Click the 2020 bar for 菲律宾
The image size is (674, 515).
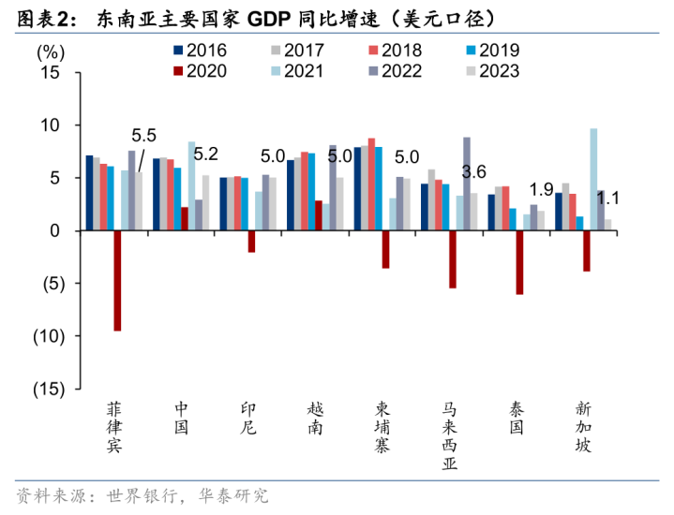click(117, 280)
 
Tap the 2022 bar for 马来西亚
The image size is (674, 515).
click(467, 184)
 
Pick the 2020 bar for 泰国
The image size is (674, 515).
click(519, 262)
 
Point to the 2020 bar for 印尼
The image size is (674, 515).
click(251, 241)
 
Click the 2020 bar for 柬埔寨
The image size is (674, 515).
click(385, 249)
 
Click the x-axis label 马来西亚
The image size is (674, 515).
click(451, 435)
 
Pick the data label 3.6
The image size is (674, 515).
click(474, 172)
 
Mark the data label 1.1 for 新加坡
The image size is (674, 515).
click(607, 198)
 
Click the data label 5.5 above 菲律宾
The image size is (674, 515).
click(143, 134)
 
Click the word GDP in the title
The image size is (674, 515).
click(271, 18)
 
